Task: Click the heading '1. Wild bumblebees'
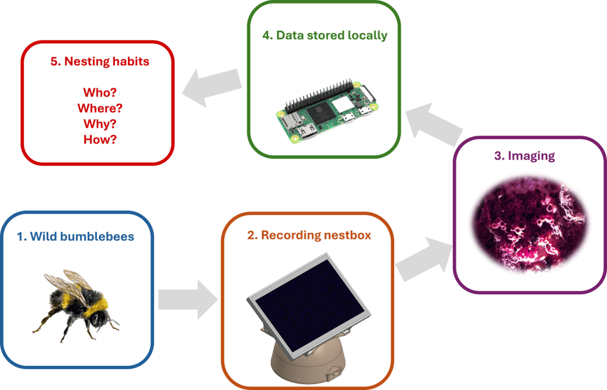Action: click(75, 236)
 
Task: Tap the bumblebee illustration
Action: click(75, 306)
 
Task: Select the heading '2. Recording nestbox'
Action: click(309, 235)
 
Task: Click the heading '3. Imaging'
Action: click(525, 155)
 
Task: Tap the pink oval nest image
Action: click(529, 225)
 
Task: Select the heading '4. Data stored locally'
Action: click(325, 35)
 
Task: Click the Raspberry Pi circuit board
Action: click(326, 112)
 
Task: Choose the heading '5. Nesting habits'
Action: click(100, 61)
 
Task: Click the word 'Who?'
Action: click(100, 92)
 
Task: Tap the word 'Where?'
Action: click(100, 108)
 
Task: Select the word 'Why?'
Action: click(100, 124)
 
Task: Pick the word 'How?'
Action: click(100, 139)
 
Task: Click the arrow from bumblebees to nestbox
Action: click(188, 300)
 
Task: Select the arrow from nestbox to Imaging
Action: click(424, 258)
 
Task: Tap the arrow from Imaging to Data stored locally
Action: click(433, 124)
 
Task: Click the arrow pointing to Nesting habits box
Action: click(212, 88)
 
